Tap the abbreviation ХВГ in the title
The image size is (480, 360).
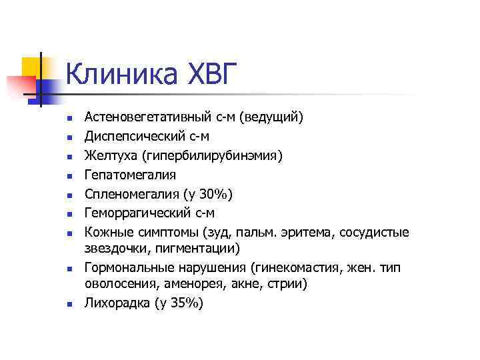click(x=207, y=75)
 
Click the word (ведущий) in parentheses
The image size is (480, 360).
click(x=273, y=117)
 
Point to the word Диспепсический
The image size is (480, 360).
click(x=133, y=137)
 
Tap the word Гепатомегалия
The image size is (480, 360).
click(x=131, y=175)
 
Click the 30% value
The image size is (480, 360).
click(x=217, y=194)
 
